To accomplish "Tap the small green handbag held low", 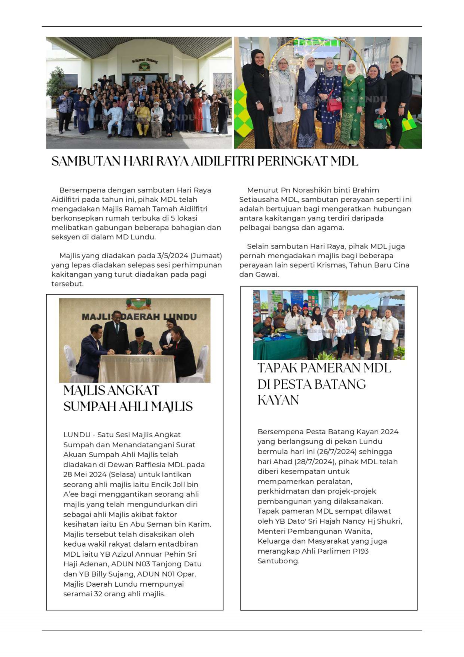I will coord(380,122).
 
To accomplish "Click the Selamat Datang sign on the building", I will coord(145,60).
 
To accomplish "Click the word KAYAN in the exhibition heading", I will coord(278,400).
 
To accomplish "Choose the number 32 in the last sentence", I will coord(98,594).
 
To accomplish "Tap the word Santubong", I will coord(278,561).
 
